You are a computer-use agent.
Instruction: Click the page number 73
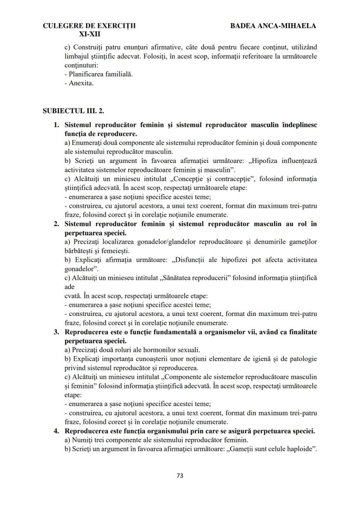(x=180, y=476)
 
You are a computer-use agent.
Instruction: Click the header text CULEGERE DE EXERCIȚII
(x=89, y=26)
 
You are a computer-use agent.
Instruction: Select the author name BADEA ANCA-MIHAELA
(x=273, y=26)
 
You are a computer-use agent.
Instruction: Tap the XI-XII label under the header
(x=89, y=33)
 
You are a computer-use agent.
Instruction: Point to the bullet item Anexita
(x=81, y=83)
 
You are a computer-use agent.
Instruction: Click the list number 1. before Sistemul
(x=56, y=125)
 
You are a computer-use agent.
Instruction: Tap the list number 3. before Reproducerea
(x=56, y=333)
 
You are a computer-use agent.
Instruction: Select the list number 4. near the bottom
(x=56, y=432)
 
